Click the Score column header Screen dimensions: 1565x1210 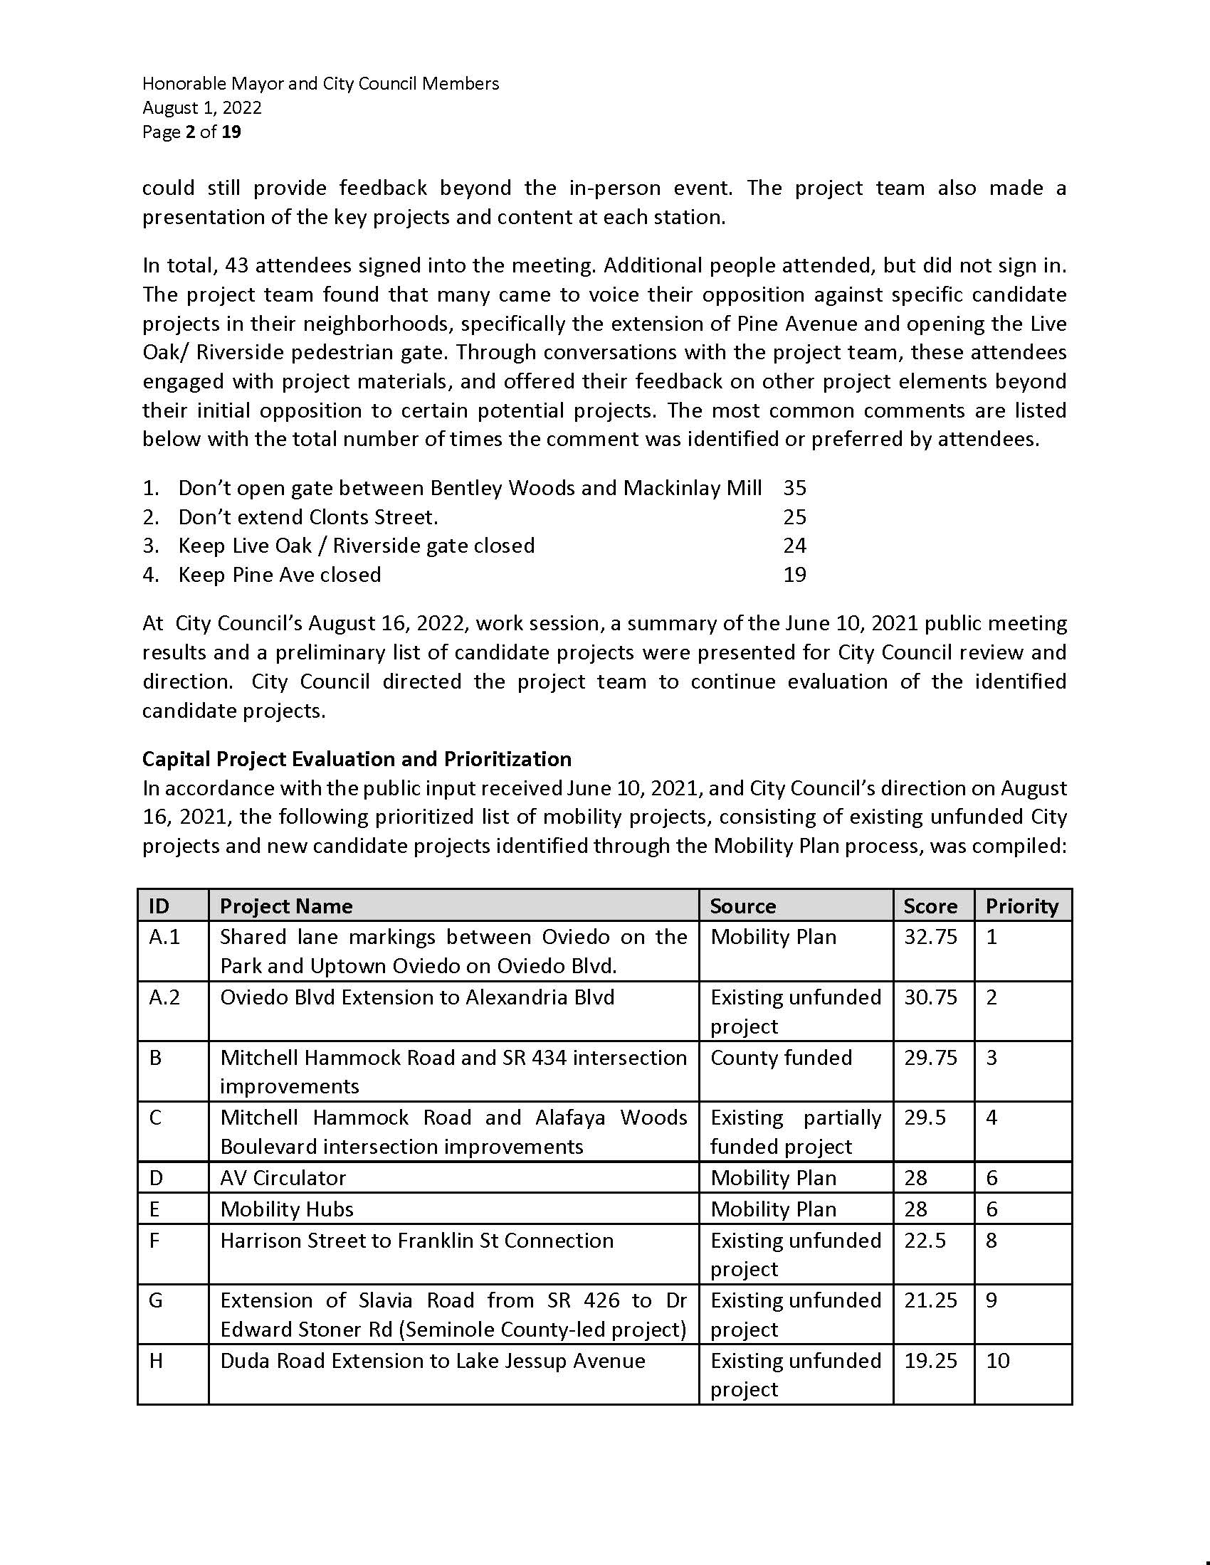[930, 906]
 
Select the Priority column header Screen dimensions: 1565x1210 [1021, 906]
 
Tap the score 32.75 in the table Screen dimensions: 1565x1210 [930, 938]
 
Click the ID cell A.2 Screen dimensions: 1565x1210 [164, 997]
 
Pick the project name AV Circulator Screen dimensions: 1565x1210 [283, 1178]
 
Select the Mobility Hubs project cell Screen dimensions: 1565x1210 [287, 1209]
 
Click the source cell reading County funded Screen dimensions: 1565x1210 [782, 1058]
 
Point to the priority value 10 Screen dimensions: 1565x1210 [998, 1361]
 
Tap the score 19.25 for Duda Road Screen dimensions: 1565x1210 [930, 1361]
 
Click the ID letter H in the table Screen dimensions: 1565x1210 [156, 1361]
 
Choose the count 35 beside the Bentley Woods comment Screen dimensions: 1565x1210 [795, 488]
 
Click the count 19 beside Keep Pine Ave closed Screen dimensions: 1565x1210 [795, 575]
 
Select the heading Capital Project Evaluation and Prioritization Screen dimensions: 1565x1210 [357, 759]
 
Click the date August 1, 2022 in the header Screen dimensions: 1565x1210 [202, 107]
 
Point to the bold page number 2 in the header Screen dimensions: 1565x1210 [190, 132]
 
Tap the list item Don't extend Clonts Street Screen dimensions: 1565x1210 [308, 517]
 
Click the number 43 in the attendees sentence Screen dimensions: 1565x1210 [236, 266]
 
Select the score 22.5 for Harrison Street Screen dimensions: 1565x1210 [925, 1241]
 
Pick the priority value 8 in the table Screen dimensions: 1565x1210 [991, 1241]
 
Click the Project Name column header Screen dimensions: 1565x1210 [286, 906]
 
